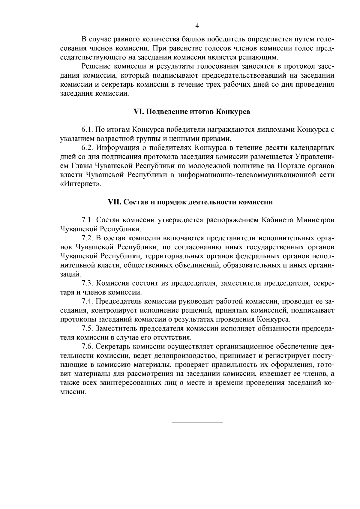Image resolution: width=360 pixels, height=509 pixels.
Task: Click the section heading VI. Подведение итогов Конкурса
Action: click(x=192, y=112)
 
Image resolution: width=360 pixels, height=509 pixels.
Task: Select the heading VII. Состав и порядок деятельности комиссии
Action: click(x=190, y=202)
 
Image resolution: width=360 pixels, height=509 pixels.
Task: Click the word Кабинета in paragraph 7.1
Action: click(x=277, y=220)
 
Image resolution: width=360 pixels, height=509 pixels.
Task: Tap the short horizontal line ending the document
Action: click(x=197, y=423)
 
